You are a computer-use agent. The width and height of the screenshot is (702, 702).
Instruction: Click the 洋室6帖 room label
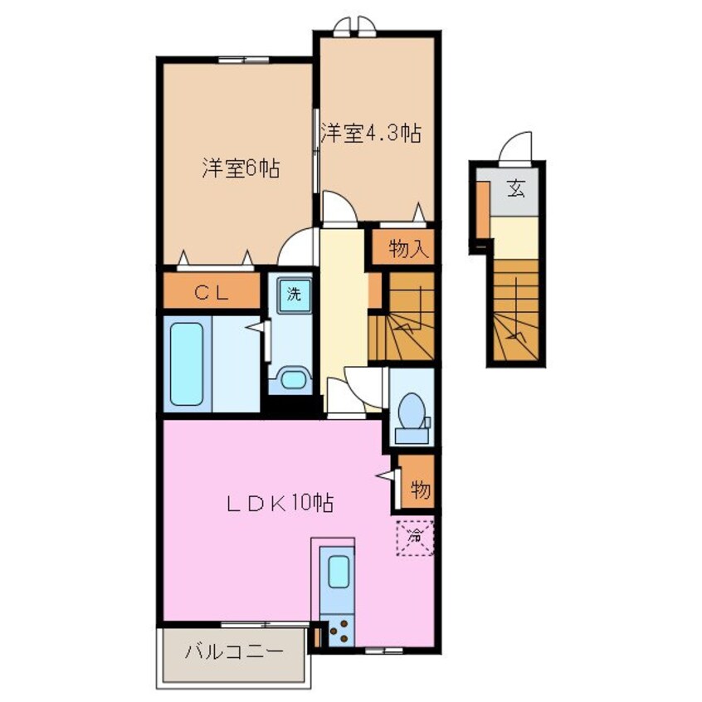(241, 168)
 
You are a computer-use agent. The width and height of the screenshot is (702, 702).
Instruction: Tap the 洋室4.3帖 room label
(371, 133)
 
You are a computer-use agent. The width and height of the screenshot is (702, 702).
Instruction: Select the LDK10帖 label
(280, 503)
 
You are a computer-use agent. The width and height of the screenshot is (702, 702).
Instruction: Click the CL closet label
(212, 293)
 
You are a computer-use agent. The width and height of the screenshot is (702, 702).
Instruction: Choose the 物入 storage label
(405, 248)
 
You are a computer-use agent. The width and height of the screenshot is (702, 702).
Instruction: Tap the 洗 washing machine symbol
(294, 294)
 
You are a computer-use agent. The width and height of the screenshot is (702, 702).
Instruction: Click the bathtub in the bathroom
(187, 363)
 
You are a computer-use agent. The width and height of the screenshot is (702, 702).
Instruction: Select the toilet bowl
(411, 411)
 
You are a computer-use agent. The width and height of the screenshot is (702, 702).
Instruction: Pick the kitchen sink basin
(339, 571)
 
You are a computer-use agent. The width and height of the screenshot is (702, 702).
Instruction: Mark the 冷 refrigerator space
(415, 537)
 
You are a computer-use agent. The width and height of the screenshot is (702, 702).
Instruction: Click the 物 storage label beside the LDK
(421, 490)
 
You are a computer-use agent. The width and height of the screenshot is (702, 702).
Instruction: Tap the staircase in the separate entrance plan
(516, 310)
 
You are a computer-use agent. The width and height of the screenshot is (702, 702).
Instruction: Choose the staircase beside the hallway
(402, 316)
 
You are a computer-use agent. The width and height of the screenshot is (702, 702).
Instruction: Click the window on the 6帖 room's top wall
(244, 60)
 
